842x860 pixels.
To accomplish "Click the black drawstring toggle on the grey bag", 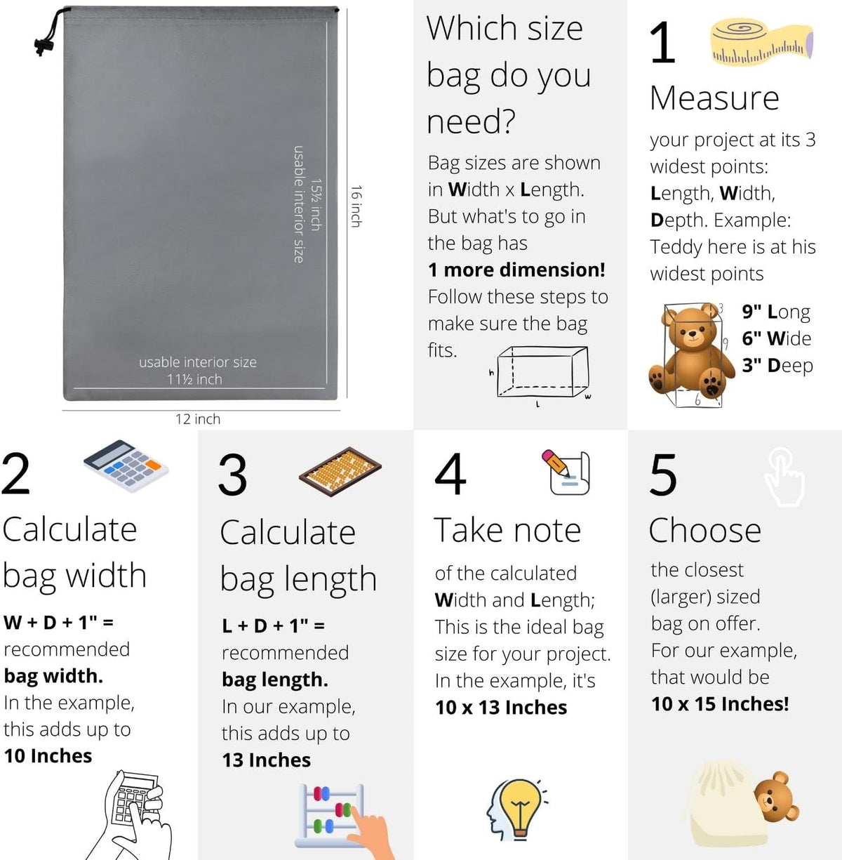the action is click(x=44, y=46).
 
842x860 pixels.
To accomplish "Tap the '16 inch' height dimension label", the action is click(x=356, y=206).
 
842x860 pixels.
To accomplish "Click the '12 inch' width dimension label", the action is click(x=198, y=419).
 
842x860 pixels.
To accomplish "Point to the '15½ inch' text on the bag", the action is click(x=316, y=204).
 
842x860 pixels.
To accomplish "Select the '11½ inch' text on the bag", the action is click(x=194, y=379).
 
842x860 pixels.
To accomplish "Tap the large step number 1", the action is click(x=662, y=43).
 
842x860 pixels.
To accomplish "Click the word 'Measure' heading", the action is click(x=714, y=98).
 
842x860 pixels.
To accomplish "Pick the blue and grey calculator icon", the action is click(x=126, y=465).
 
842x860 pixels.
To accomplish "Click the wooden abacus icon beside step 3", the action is click(x=340, y=471).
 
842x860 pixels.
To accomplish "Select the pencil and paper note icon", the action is click(x=566, y=472).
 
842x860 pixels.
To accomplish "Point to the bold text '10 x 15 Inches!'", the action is click(x=720, y=704).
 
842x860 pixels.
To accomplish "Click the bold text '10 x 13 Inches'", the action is click(x=501, y=708).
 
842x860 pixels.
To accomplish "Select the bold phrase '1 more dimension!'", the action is click(x=516, y=270).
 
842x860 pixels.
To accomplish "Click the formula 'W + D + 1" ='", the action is click(x=58, y=622).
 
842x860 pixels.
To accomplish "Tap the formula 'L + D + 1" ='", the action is click(x=274, y=626).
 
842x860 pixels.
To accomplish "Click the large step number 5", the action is click(x=663, y=475).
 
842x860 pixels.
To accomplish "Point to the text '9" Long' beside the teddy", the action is click(x=776, y=312).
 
